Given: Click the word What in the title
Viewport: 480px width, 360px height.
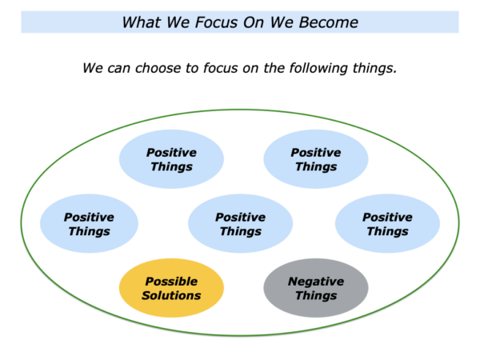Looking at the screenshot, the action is [x=141, y=22].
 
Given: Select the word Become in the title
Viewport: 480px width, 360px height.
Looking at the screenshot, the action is [x=329, y=22].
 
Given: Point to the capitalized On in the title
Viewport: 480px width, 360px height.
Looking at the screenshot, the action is [x=253, y=22].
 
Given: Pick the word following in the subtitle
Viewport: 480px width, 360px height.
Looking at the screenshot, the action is [x=318, y=68].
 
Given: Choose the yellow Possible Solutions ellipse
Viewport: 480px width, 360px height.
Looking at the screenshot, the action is [x=171, y=288].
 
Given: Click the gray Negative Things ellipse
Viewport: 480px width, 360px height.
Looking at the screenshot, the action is [x=316, y=288].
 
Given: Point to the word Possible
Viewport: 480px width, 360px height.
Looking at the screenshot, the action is [x=171, y=281].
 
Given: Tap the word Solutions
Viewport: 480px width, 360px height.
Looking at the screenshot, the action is [x=171, y=295].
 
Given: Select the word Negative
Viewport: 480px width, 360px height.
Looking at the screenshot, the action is [x=316, y=281].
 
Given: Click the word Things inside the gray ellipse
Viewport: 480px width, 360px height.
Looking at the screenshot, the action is [x=316, y=296].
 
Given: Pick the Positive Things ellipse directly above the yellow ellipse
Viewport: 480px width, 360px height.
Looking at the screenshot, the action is [x=171, y=159].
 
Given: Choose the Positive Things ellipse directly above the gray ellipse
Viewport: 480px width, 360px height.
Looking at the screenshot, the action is [x=316, y=159].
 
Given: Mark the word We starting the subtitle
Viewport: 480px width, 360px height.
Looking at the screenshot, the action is [x=94, y=68].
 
